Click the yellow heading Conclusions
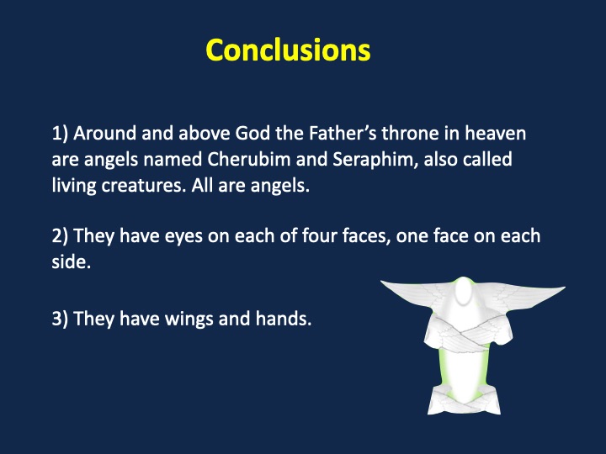pyautogui.click(x=288, y=50)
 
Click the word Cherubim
pyautogui.click(x=249, y=159)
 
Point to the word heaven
pyautogui.click(x=495, y=133)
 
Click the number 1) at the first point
pyautogui.click(x=60, y=134)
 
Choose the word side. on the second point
pyautogui.click(x=71, y=261)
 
